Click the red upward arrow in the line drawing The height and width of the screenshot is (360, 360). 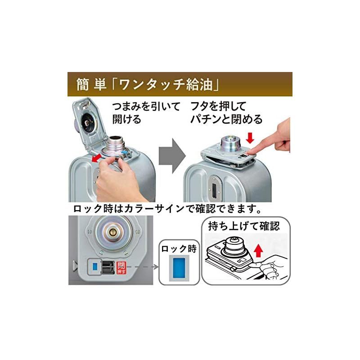pos(258,249)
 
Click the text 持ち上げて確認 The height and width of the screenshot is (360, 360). pos(243,226)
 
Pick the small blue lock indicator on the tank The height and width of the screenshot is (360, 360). pos(95,266)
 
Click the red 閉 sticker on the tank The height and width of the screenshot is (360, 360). pos(120,267)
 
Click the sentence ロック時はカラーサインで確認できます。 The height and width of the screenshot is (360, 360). pos(166,210)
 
